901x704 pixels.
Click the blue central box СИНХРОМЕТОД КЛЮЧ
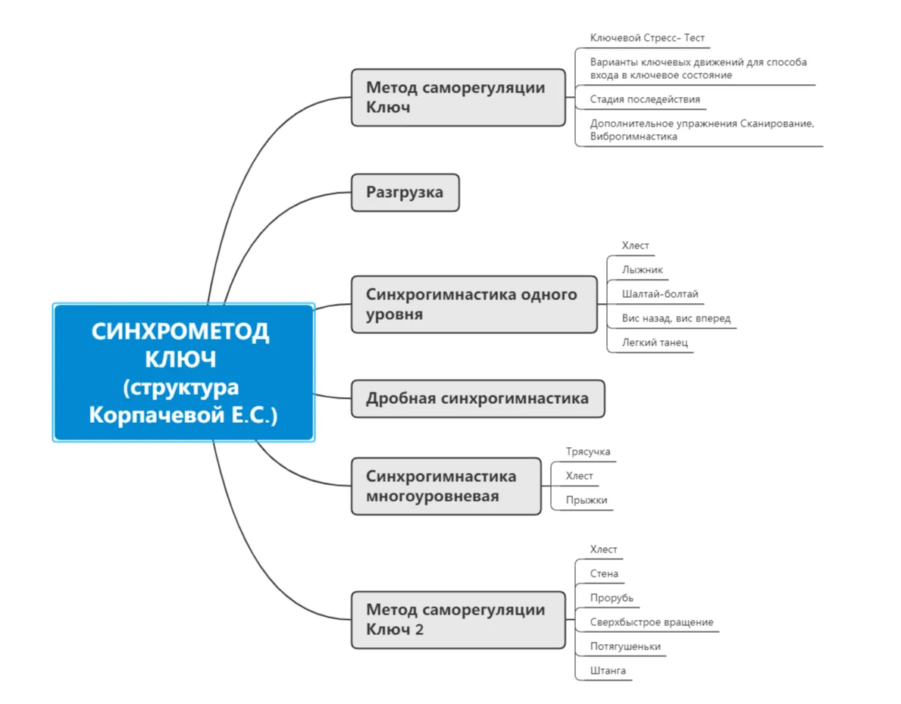click(x=183, y=371)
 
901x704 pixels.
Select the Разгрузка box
click(x=405, y=192)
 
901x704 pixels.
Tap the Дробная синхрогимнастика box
click(x=477, y=398)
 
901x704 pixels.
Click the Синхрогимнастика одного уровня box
click(x=474, y=304)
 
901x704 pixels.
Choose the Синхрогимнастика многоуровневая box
click(x=446, y=486)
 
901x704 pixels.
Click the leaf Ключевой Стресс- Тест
click(x=647, y=38)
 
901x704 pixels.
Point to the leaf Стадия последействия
click(x=645, y=99)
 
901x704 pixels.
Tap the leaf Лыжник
click(x=643, y=270)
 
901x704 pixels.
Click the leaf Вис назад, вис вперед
click(x=676, y=318)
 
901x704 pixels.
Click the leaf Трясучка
click(x=587, y=452)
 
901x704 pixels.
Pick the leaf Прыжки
click(x=587, y=500)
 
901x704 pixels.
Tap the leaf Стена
click(x=604, y=574)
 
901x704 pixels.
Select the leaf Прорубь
click(x=612, y=598)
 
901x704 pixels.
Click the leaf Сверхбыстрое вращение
click(x=651, y=622)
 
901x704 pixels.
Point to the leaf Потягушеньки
click(x=625, y=646)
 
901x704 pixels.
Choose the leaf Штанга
click(x=608, y=671)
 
